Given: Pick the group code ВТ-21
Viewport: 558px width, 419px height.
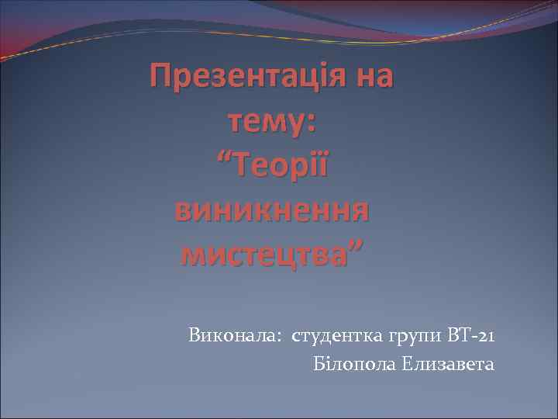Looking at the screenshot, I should [470, 336].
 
